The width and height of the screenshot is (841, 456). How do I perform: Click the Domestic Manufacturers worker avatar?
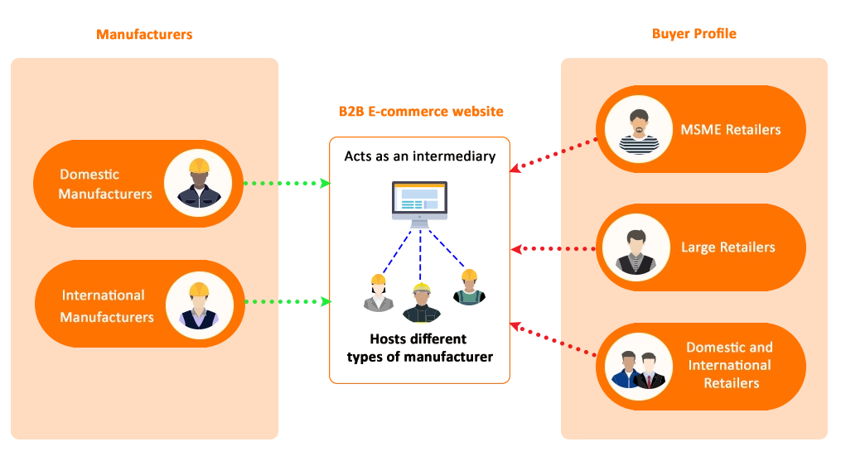click(197, 184)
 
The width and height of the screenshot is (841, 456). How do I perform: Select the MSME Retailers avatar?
click(638, 129)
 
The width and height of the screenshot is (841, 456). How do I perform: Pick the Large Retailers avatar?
click(636, 247)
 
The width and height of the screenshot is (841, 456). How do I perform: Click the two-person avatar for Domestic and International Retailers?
click(637, 367)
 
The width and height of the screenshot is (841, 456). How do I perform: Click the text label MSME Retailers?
click(730, 130)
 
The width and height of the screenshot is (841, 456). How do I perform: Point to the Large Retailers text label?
click(727, 247)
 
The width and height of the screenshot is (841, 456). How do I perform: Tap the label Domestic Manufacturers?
click(105, 184)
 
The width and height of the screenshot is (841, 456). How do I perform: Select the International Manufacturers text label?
click(107, 306)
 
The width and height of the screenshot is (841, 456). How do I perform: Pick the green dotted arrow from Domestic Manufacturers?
click(286, 182)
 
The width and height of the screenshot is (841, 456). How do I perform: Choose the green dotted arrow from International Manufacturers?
click(286, 301)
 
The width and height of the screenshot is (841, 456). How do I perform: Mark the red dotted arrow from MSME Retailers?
click(553, 155)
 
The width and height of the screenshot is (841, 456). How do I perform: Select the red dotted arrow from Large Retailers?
click(553, 247)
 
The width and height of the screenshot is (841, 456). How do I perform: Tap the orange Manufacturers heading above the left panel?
click(143, 34)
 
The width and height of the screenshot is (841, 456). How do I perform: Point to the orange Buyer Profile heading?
click(694, 34)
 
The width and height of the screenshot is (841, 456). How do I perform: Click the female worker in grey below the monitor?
click(378, 294)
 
